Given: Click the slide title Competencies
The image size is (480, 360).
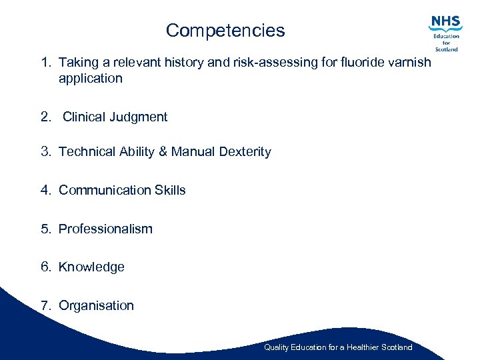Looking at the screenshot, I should coord(225,31).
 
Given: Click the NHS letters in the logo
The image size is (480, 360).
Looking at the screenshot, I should coord(446,22).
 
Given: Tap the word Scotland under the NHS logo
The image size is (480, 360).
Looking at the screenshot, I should coord(447,49).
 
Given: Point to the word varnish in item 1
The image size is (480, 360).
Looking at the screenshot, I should coord(410,62).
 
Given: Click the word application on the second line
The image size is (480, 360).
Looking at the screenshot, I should coord(91,79).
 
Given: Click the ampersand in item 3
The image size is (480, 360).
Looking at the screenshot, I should coord(163,152).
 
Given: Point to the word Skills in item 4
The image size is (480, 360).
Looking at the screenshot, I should coord(170,191).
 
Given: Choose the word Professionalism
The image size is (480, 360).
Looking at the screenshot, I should coord(105,229).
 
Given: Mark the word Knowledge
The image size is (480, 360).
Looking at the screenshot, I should coord(91,267).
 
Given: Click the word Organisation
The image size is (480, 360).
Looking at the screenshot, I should coord(96,306).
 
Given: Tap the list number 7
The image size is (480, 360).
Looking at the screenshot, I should coord(45,306).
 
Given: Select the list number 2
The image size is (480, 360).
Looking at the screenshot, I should coord(45,117).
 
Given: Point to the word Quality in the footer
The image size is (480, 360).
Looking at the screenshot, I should coord(276,347).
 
